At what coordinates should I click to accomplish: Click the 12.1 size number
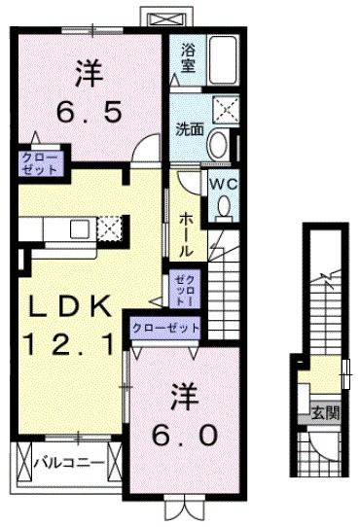click(73, 342)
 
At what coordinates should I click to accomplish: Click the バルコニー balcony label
click(68, 462)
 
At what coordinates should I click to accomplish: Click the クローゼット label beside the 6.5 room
click(37, 161)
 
